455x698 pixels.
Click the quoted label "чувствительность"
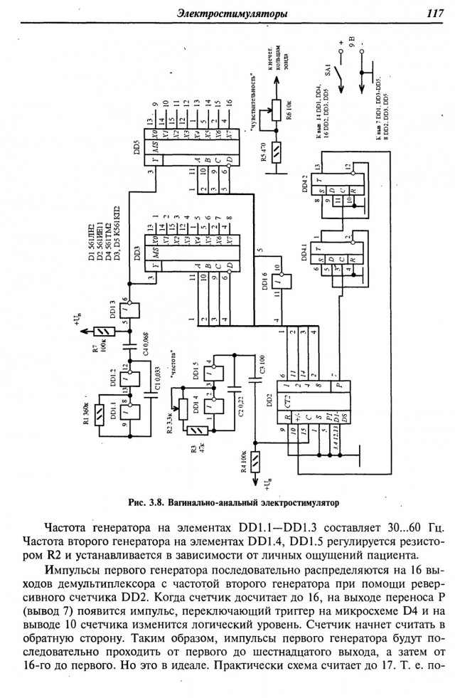click(253, 100)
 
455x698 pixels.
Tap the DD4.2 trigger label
click(305, 183)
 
